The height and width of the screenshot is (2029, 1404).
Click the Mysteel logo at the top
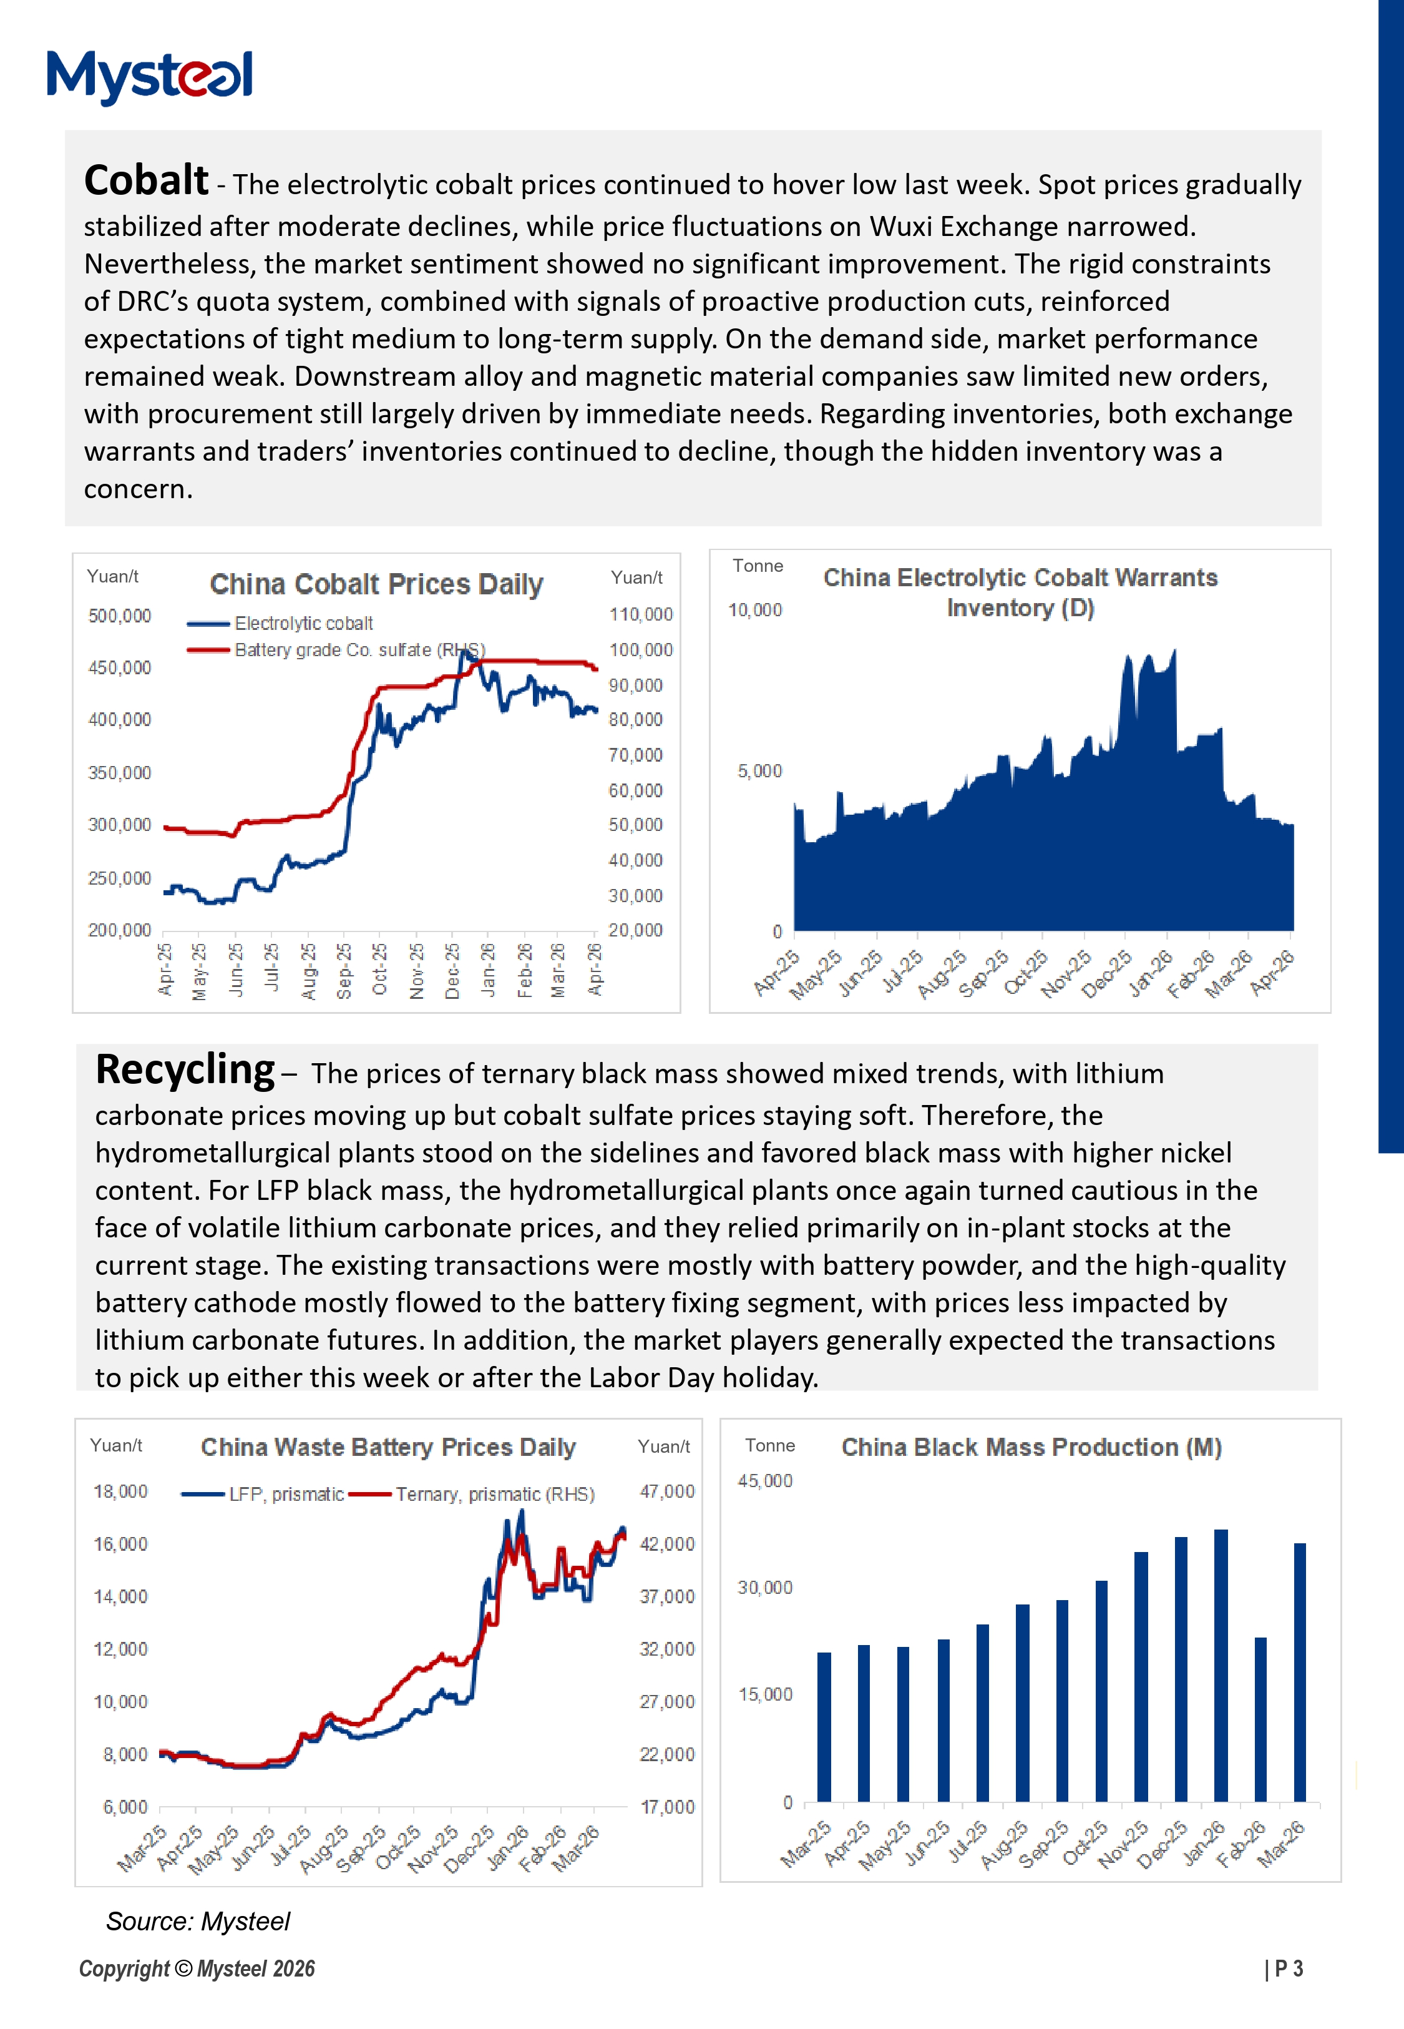pyautogui.click(x=150, y=77)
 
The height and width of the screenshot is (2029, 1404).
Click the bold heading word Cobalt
pyautogui.click(x=146, y=180)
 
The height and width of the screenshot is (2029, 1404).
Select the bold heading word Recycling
pyautogui.click(x=185, y=1070)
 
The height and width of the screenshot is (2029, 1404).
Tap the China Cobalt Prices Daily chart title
pyautogui.click(x=376, y=584)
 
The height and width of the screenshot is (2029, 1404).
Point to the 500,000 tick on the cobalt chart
pyautogui.click(x=120, y=616)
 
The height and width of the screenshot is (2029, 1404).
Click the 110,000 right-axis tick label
pyautogui.click(x=640, y=614)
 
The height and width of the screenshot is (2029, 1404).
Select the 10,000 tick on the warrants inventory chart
pyautogui.click(x=755, y=610)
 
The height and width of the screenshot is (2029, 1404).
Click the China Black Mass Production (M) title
pyautogui.click(x=1031, y=1447)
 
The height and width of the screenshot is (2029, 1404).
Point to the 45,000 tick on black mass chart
pyautogui.click(x=764, y=1481)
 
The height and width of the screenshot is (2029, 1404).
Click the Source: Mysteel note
pyautogui.click(x=198, y=1922)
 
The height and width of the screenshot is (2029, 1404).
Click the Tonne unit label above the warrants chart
pyautogui.click(x=758, y=566)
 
